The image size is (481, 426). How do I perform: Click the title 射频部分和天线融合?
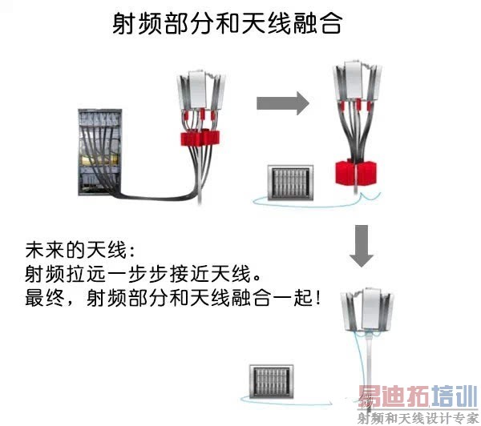pyautogui.click(x=227, y=24)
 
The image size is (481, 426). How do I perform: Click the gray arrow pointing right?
pyautogui.click(x=282, y=102)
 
